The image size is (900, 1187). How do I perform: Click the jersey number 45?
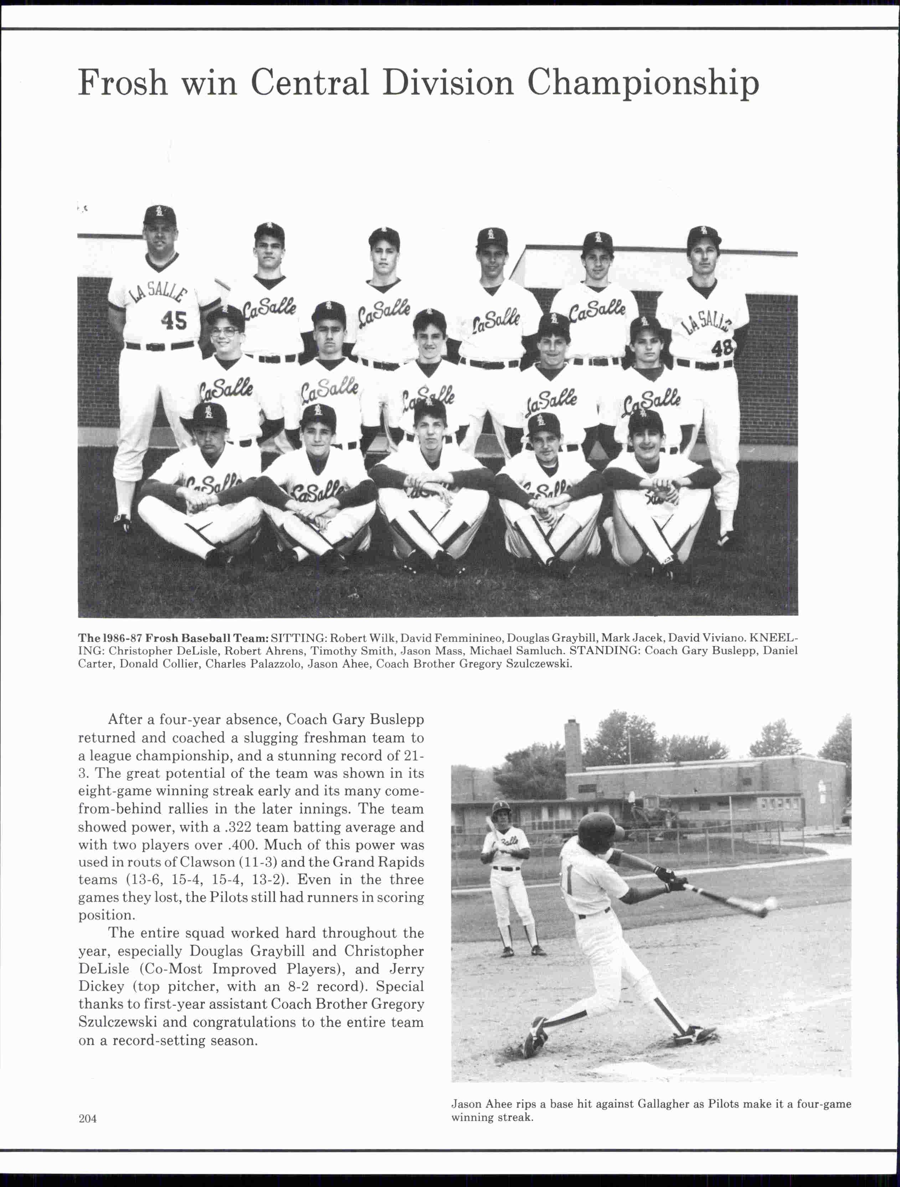[174, 321]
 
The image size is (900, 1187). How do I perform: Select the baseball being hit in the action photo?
[771, 904]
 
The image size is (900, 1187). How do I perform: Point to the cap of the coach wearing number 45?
[159, 216]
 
